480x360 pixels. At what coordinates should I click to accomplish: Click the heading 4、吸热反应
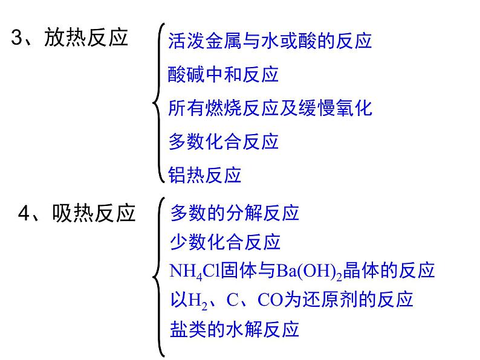click(x=76, y=213)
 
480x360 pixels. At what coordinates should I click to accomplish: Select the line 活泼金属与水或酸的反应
click(x=270, y=41)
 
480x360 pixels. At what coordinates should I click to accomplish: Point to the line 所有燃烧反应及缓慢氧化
click(x=270, y=108)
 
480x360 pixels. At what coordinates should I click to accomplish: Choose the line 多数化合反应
click(x=223, y=141)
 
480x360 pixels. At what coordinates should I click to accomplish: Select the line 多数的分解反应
click(x=235, y=213)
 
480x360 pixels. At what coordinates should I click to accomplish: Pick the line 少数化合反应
click(x=225, y=242)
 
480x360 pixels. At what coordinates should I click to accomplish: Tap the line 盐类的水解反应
click(x=235, y=329)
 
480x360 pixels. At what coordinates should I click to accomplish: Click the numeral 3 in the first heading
click(x=17, y=39)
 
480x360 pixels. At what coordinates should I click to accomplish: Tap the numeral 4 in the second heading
click(x=24, y=213)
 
